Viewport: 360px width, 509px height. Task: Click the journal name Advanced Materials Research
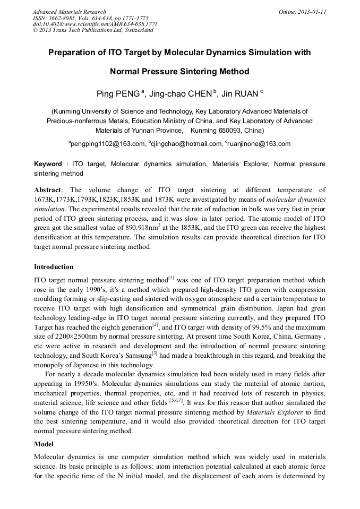(x=69, y=12)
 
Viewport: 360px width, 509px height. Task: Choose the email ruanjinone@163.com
(x=260, y=144)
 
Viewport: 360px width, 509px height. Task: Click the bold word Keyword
(x=48, y=165)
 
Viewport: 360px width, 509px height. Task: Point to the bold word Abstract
(x=48, y=190)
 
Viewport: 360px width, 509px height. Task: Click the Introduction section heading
(x=54, y=267)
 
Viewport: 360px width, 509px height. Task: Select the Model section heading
(x=44, y=443)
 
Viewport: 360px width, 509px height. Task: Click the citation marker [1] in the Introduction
(x=171, y=278)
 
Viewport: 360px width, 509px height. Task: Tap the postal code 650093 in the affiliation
(x=224, y=130)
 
